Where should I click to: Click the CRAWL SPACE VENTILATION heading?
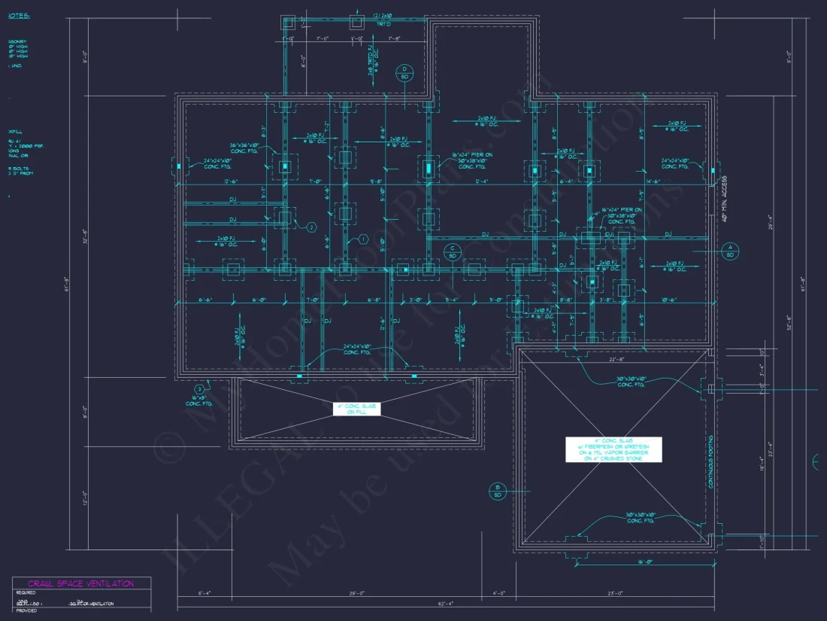[81, 583]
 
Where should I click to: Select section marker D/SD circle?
[404, 72]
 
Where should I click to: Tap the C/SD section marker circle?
[453, 251]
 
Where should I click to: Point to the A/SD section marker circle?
[729, 251]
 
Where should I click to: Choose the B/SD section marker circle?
[497, 492]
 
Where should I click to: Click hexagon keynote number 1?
[362, 239]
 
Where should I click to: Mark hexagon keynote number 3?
[199, 388]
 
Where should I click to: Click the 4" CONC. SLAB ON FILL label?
[357, 409]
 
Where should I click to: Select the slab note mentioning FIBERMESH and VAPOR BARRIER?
[614, 449]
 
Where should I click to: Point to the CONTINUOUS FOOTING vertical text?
[710, 461]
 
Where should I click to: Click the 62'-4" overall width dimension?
[447, 603]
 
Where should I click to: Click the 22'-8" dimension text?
[617, 359]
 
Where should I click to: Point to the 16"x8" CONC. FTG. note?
[199, 400]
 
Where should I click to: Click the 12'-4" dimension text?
[480, 181]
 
